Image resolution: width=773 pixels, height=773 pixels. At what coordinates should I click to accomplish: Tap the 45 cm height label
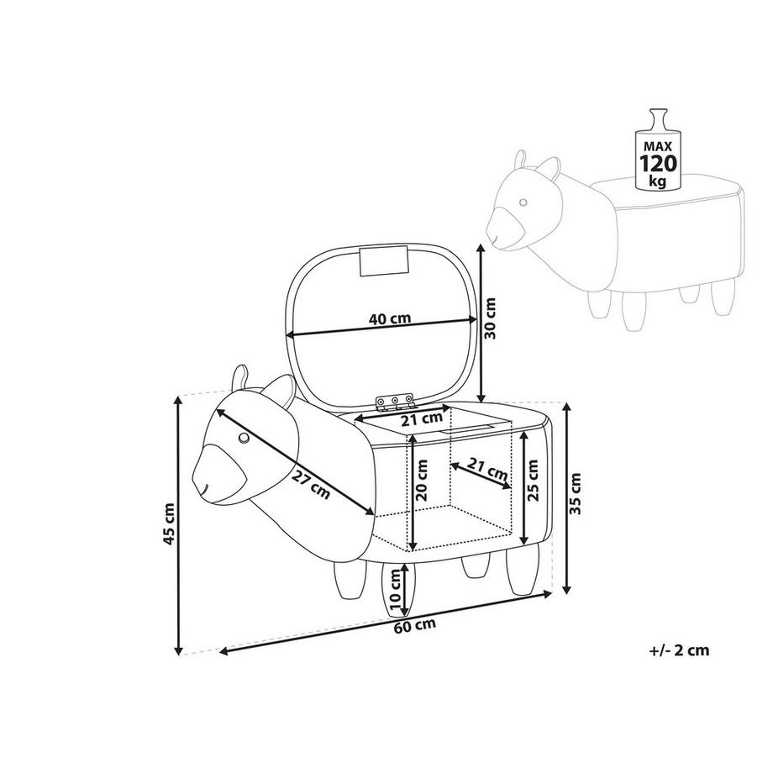coord(170,525)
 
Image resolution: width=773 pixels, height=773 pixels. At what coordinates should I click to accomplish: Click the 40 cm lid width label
coord(389,319)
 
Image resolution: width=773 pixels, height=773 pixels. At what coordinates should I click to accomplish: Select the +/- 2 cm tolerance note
coord(679,649)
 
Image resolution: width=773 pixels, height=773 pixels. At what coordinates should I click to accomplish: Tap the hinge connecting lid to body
coord(396,404)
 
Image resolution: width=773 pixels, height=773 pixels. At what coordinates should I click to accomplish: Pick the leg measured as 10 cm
coord(392,588)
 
